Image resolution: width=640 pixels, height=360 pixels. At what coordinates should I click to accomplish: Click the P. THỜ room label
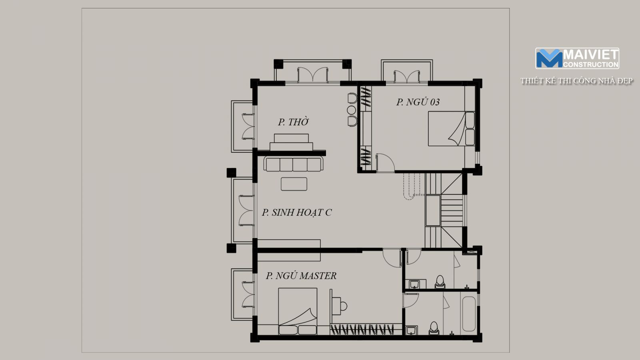click(294, 122)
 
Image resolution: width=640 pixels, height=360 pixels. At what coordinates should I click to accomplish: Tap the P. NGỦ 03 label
click(418, 102)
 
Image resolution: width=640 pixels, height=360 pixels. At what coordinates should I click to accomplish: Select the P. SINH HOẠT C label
click(296, 212)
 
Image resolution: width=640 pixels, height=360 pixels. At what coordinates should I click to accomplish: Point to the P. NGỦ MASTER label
click(301, 276)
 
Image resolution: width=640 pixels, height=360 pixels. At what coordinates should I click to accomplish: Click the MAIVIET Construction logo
click(577, 58)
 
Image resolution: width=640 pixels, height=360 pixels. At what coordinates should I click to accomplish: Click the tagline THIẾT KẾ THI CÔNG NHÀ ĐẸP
click(576, 81)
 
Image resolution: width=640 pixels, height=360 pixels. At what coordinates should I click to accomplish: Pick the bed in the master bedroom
click(298, 311)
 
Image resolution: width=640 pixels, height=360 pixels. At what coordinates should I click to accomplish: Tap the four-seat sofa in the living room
click(294, 164)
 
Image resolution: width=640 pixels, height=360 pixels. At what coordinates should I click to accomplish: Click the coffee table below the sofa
click(294, 184)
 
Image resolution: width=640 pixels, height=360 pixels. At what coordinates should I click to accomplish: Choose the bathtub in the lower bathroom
click(469, 314)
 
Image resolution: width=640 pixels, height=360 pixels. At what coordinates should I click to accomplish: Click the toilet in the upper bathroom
click(440, 282)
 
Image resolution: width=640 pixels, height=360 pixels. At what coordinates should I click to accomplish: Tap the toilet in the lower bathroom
click(434, 328)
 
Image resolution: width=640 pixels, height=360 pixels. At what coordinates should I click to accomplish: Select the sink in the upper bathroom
click(414, 284)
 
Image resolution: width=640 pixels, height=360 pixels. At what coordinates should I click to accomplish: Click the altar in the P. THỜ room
click(291, 142)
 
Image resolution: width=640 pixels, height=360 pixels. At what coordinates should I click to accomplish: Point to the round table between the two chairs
click(352, 110)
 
